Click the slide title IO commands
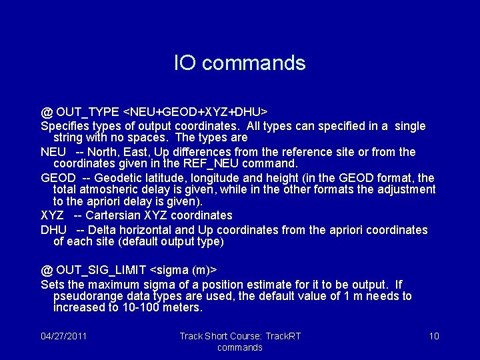(x=239, y=63)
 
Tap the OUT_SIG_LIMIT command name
(x=101, y=270)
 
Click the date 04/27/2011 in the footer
(x=64, y=336)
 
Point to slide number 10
(x=433, y=336)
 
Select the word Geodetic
(x=119, y=178)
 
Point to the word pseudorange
(x=85, y=296)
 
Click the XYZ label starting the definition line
(x=53, y=215)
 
